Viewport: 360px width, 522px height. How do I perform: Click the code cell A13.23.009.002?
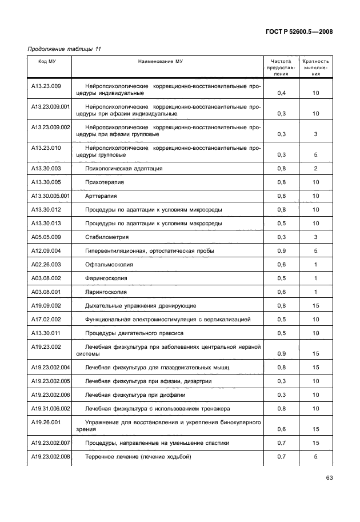pyautogui.click(x=50, y=127)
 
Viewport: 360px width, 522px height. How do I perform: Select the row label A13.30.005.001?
pyautogui.click(x=50, y=196)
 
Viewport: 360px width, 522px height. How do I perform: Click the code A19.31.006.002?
pyautogui.click(x=50, y=409)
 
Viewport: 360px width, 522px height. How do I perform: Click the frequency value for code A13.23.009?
pyautogui.click(x=281, y=93)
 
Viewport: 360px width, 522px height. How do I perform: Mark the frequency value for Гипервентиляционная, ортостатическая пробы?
pyautogui.click(x=281, y=250)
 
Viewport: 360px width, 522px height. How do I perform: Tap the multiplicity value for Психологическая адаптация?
pyautogui.click(x=315, y=169)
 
